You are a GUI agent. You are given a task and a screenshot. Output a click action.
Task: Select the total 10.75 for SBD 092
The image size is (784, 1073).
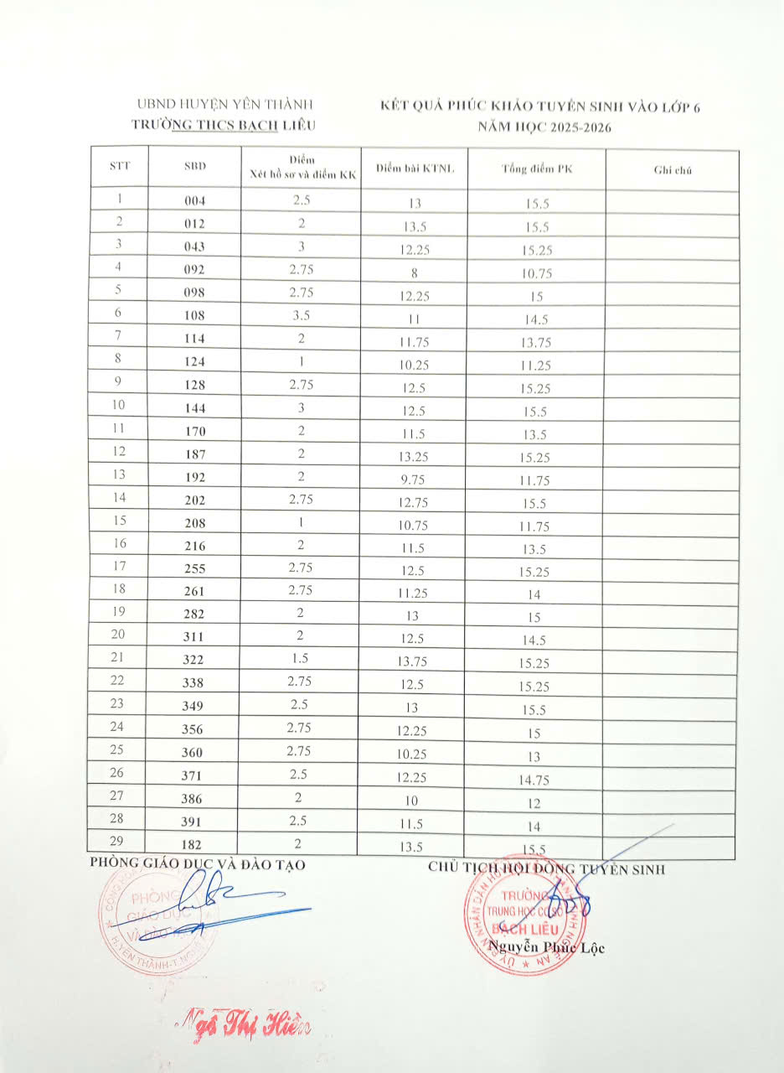[534, 274]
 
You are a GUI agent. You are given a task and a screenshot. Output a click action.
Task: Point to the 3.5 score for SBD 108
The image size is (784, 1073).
[301, 315]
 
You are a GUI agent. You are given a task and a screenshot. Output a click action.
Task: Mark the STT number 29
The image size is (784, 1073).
[118, 842]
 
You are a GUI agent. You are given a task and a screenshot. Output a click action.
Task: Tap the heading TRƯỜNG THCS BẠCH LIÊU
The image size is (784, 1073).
[224, 125]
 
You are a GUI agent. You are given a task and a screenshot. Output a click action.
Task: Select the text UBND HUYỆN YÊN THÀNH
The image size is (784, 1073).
[224, 105]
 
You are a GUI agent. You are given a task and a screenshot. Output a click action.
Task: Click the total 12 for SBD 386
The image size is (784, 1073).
[534, 803]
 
